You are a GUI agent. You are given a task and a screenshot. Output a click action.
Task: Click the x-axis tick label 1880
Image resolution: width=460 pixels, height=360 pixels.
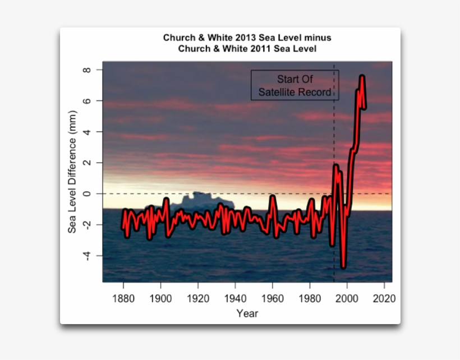coord(123,298)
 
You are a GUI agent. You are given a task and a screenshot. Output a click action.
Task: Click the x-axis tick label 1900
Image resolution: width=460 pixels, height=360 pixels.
coord(160,298)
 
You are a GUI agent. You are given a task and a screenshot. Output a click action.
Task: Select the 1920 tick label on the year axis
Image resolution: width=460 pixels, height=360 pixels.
coord(198,298)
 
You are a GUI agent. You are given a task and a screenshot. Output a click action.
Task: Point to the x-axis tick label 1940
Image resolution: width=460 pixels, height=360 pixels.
coord(235,298)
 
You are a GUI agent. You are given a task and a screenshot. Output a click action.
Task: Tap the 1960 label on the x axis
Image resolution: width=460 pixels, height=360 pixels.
coord(273,298)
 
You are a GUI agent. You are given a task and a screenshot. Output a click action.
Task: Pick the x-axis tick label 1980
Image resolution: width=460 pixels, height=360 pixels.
coord(310,298)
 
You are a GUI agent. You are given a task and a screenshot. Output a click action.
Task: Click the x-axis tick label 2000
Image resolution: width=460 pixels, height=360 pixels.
coord(347,298)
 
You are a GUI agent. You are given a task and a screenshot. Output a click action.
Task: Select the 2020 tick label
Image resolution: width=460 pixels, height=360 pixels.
coord(384,298)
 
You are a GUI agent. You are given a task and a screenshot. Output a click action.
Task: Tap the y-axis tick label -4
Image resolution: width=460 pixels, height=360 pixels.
coord(85,256)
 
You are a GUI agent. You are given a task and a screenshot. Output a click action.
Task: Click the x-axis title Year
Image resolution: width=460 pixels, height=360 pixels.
coord(247,313)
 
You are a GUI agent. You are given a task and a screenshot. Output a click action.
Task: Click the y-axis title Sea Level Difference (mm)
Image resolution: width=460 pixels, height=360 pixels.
coord(72,178)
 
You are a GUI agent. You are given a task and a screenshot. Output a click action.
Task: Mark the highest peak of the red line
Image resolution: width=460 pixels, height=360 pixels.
coord(362,76)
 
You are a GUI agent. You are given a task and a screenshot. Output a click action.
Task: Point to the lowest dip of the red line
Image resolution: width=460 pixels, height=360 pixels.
coord(343,266)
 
